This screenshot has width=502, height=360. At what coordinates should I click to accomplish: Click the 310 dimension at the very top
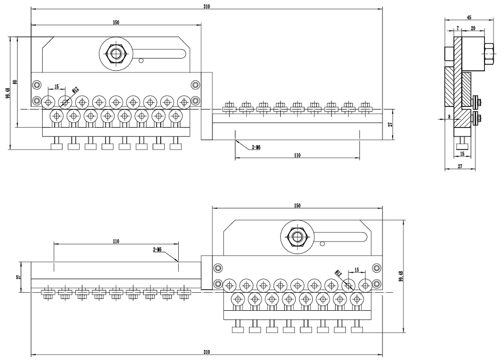point(206,7)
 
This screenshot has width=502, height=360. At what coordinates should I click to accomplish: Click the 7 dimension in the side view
point(458,29)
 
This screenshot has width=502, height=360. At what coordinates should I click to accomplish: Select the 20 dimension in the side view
point(473,29)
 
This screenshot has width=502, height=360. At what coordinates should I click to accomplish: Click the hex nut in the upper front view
point(116,53)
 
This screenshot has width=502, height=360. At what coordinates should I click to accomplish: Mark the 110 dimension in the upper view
point(297,156)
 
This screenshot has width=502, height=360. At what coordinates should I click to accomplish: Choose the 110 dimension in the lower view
point(116,242)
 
